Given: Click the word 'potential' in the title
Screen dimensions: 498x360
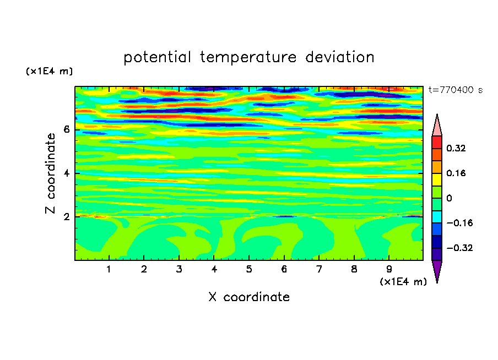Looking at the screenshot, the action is pyautogui.click(x=157, y=58).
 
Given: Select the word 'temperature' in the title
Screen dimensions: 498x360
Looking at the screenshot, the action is pyautogui.click(x=248, y=58).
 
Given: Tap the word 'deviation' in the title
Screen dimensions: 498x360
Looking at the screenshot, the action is pyautogui.click(x=340, y=57).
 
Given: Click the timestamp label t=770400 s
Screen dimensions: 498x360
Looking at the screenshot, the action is pyautogui.click(x=456, y=90).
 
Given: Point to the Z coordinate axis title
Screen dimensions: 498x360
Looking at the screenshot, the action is pyautogui.click(x=50, y=173).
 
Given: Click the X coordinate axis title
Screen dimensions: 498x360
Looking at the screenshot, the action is pyautogui.click(x=249, y=297).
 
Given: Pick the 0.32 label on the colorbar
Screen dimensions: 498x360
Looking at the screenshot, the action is pyautogui.click(x=456, y=148).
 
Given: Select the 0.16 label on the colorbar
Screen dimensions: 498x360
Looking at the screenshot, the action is pyautogui.click(x=456, y=173).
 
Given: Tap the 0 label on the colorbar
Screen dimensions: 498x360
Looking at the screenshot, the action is pyautogui.click(x=449, y=198).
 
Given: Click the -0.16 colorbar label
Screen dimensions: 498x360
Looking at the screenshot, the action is pyautogui.click(x=459, y=223).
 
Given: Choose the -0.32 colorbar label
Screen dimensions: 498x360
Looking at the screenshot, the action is pyautogui.click(x=459, y=248).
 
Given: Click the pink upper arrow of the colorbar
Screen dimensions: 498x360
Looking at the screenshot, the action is pyautogui.click(x=437, y=127).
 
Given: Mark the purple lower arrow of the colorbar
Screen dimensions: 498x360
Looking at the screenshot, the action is pyautogui.click(x=437, y=270).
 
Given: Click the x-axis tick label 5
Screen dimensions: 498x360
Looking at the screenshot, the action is pyautogui.click(x=249, y=269).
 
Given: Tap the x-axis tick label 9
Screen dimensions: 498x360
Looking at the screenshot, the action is pyautogui.click(x=389, y=269).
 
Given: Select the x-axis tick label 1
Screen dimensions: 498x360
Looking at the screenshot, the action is pyautogui.click(x=109, y=269).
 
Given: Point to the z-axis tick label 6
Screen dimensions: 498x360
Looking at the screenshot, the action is pyautogui.click(x=66, y=129).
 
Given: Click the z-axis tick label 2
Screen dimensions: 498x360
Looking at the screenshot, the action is pyautogui.click(x=66, y=216).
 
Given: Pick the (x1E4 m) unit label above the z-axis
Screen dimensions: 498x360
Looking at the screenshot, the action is pyautogui.click(x=49, y=71).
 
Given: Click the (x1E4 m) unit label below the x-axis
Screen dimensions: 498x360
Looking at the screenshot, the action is pyautogui.click(x=403, y=282).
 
